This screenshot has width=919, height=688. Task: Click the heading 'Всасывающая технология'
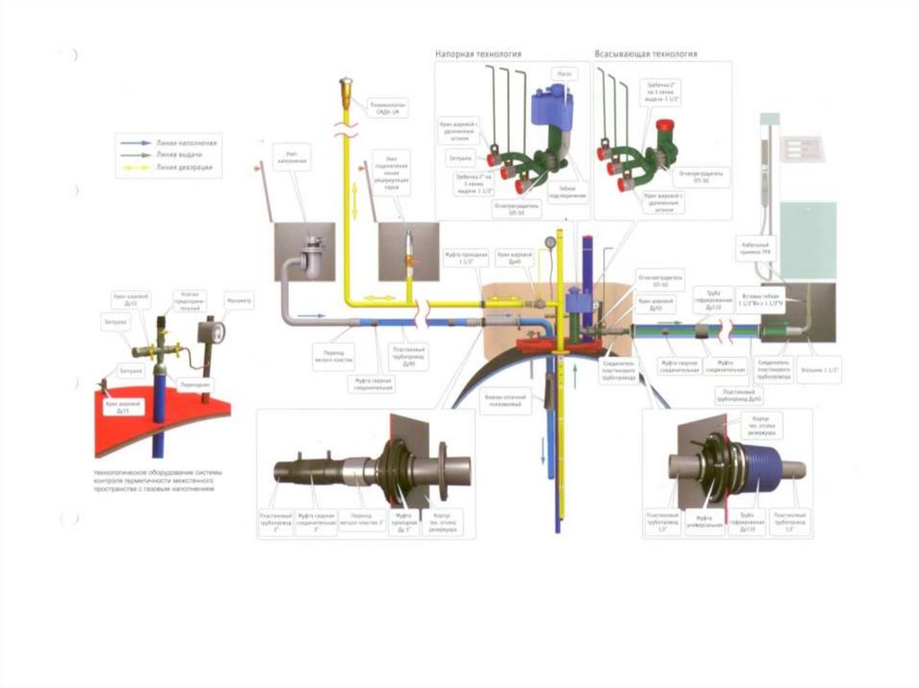[645, 54]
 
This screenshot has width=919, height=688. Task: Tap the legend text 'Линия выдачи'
[179, 154]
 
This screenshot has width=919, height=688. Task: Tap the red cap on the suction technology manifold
[665, 126]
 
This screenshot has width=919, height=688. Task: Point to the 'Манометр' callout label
[240, 300]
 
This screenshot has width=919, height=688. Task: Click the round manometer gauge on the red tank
[216, 333]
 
